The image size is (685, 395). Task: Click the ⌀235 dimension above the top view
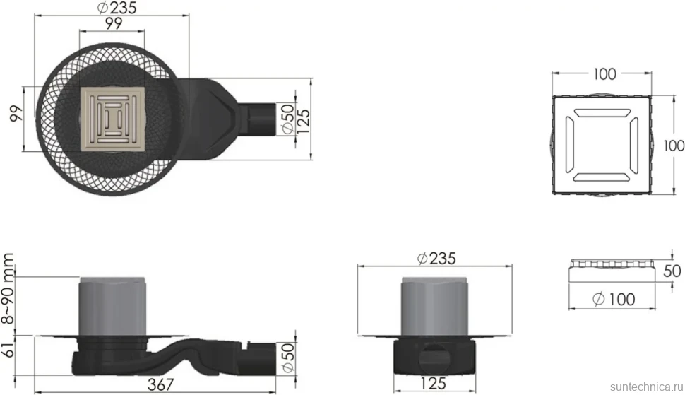point(117,8)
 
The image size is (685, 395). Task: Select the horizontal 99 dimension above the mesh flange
point(113,23)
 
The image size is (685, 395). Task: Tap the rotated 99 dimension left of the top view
point(16,114)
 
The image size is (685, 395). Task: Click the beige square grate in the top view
point(113,119)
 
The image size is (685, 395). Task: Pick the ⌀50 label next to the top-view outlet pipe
point(287,118)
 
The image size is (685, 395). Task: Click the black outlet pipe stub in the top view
point(257,119)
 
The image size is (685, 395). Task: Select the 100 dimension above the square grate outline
point(604,74)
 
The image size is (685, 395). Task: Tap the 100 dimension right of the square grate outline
point(673,146)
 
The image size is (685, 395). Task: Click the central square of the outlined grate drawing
point(602,145)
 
